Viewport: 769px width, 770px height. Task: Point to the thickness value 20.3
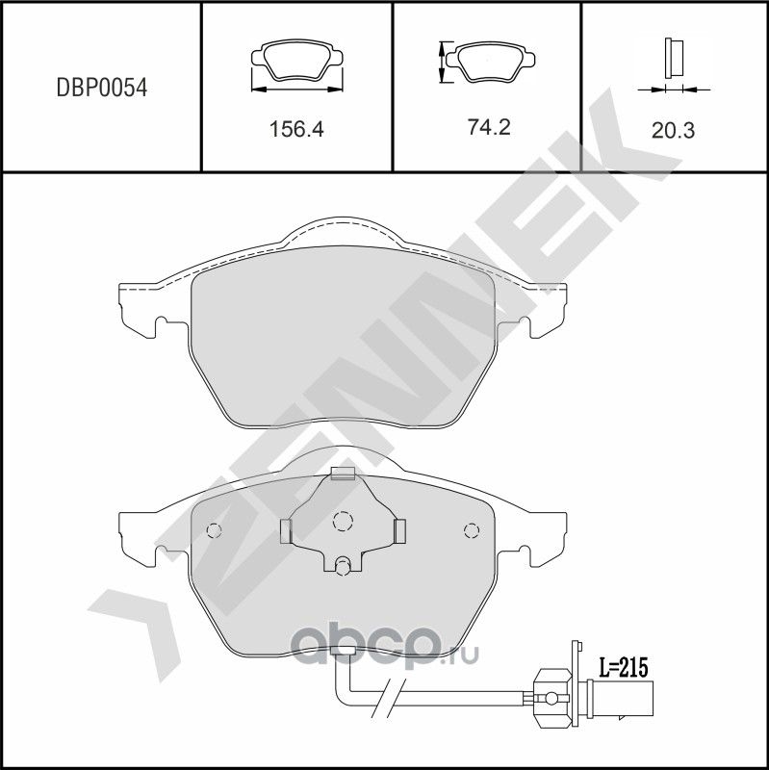coord(673,130)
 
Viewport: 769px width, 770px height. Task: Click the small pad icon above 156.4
coord(296,64)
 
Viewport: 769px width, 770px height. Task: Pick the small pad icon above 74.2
coord(492,64)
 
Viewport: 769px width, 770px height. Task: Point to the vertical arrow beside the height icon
coord(443,63)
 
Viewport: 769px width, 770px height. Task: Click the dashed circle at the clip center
coord(343,522)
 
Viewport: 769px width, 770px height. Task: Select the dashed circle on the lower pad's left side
coord(215,530)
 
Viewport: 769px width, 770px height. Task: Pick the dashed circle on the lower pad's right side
coord(471,530)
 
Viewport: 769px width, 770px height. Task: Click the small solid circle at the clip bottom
coord(343,566)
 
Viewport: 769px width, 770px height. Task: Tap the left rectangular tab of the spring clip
coord(285,530)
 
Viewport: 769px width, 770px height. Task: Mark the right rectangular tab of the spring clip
coord(401,529)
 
